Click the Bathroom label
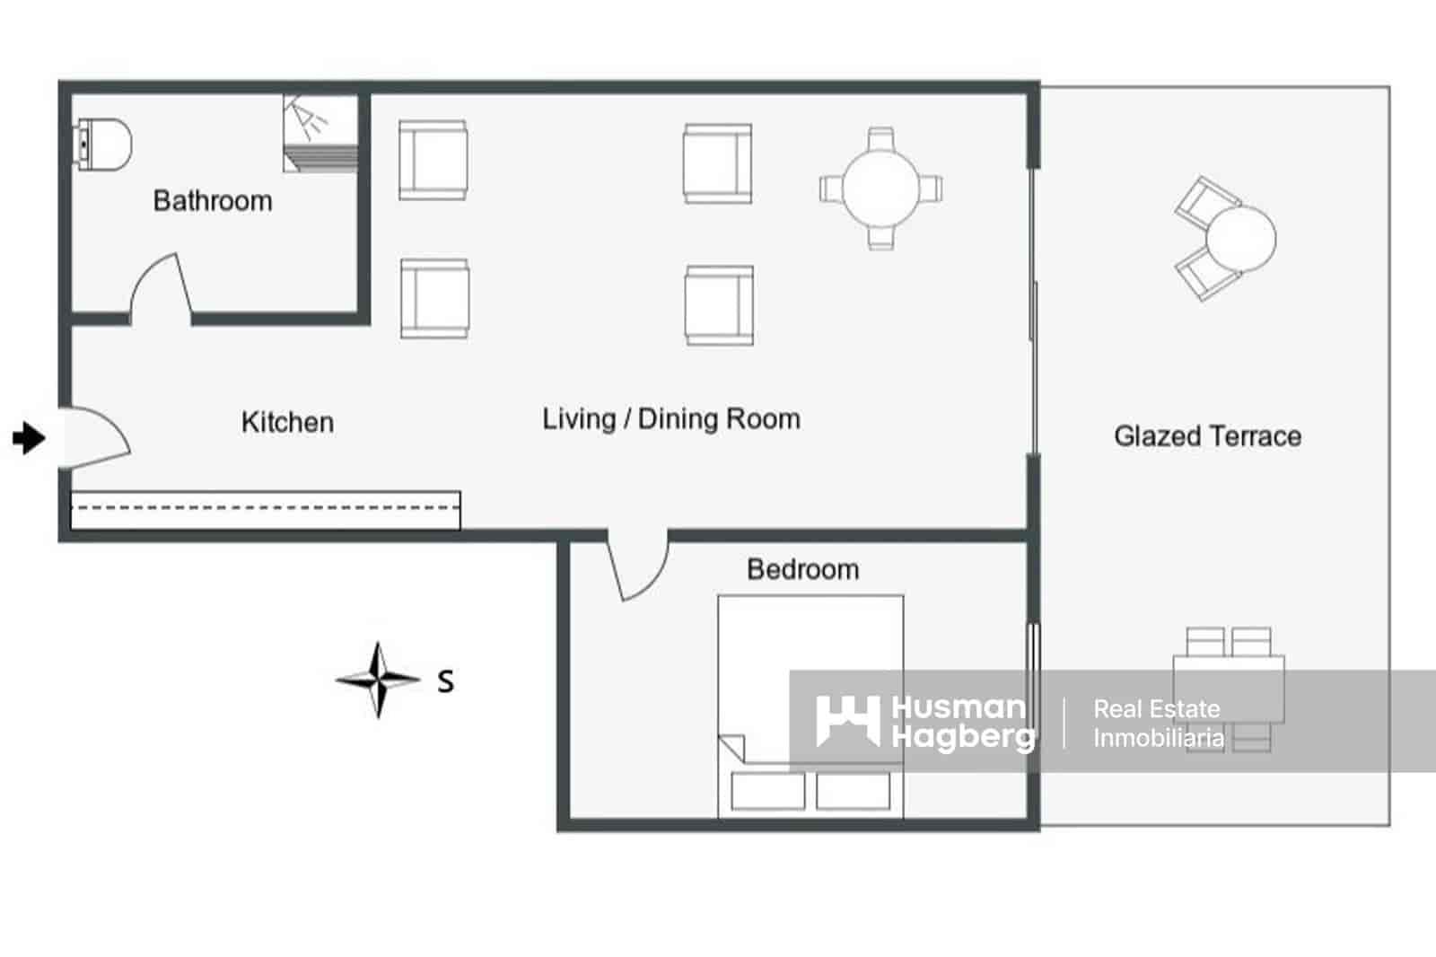pyautogui.click(x=213, y=200)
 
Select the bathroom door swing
pyautogui.click(x=160, y=287)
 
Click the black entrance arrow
pyautogui.click(x=29, y=438)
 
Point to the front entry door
pyautogui.click(x=94, y=437)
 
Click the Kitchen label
pyautogui.click(x=287, y=422)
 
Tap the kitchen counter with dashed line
pyautogui.click(x=265, y=509)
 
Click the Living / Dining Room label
pyautogui.click(x=670, y=419)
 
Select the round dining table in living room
pyautogui.click(x=880, y=188)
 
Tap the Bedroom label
pyautogui.click(x=802, y=569)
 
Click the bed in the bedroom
pyautogui.click(x=810, y=682)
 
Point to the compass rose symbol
pyautogui.click(x=379, y=680)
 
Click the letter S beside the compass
pyautogui.click(x=445, y=682)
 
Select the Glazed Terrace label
pyautogui.click(x=1207, y=436)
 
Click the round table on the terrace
pyautogui.click(x=1240, y=239)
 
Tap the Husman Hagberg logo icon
pyautogui.click(x=847, y=720)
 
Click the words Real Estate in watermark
pyautogui.click(x=1156, y=708)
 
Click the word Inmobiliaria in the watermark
pyautogui.click(x=1158, y=738)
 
